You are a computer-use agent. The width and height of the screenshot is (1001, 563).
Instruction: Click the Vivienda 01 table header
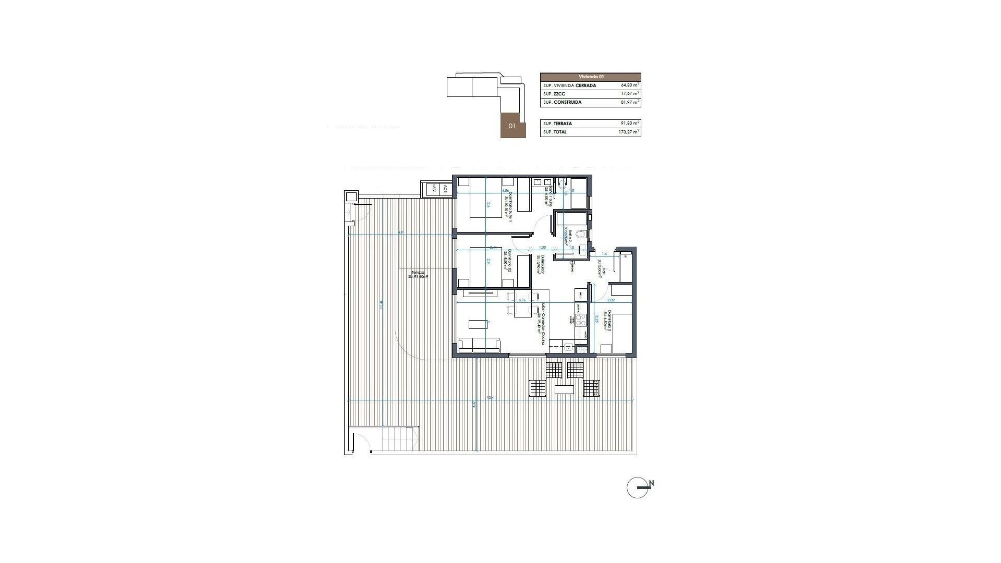tap(590, 77)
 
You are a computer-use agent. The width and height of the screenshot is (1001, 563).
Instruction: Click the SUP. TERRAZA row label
tap(557, 124)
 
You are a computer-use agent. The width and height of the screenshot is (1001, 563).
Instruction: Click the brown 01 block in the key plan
tap(512, 126)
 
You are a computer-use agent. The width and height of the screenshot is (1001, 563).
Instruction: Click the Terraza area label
tap(418, 275)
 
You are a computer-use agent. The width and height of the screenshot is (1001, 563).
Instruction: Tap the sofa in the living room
tap(479, 345)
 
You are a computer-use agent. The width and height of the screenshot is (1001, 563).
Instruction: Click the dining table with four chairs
tap(157, 311)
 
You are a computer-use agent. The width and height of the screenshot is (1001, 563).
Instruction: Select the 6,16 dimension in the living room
tap(156, 300)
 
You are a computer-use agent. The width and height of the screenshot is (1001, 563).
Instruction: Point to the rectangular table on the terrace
tap(564, 389)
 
